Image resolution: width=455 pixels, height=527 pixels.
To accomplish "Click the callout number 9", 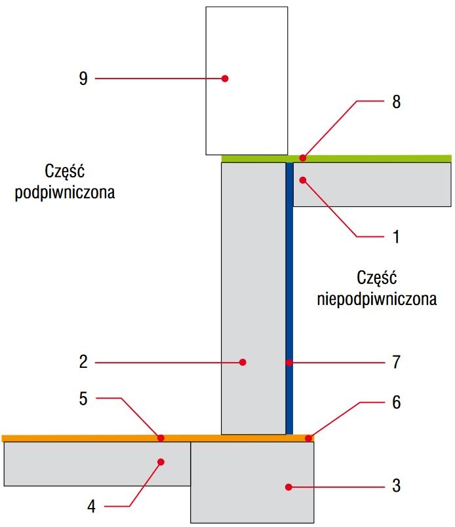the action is pos(83,79).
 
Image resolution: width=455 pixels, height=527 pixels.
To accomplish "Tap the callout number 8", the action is pos(397,101).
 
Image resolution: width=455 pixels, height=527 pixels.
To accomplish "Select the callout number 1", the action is pos(396,237).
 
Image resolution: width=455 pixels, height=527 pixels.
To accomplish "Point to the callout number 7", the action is pos(397,362).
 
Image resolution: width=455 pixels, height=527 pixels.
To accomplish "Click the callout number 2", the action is pos(83,362).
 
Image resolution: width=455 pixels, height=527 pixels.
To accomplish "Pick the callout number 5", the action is pos(83,399).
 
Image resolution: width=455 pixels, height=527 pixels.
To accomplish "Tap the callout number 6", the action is pos(397,403).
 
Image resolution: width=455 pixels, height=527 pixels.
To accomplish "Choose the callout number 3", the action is pos(397,486).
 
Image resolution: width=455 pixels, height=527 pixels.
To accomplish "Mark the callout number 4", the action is pos(91,506).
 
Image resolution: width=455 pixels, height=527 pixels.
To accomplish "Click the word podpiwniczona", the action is pos(65,192).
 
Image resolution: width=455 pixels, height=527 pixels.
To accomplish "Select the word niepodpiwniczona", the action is pos(377,299).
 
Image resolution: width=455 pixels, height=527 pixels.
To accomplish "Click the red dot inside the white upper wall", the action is pos(225,79).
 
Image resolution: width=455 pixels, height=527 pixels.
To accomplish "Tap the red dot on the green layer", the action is pos(303,158).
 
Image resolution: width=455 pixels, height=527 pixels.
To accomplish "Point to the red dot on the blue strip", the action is pos(289,363).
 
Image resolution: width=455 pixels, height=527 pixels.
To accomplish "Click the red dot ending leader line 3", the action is pos(288,487).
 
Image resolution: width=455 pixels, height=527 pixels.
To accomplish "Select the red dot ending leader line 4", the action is pos(161,462).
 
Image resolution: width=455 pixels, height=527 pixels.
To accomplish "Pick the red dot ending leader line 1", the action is pos(303,180).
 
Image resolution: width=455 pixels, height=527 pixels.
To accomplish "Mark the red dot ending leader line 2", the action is pos(243,362).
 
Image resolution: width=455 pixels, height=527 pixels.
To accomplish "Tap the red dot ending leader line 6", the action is pos(308,438).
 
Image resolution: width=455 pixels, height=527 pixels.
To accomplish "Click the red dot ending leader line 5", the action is pos(161,438).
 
